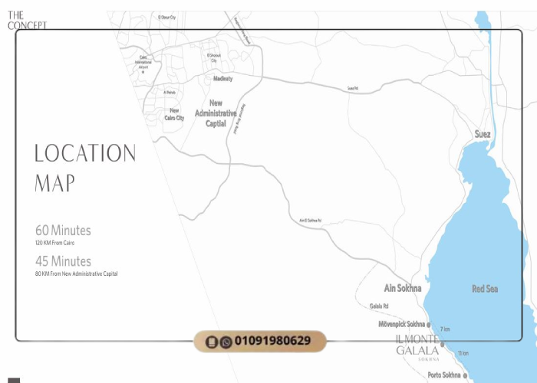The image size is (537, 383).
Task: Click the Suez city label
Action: click(482, 134)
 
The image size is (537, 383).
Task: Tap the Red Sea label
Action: click(484, 289)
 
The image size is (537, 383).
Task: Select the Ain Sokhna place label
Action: click(403, 289)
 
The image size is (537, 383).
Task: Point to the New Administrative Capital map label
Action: click(216, 113)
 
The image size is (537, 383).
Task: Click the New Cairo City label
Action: click(174, 114)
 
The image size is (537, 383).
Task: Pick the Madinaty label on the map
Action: click(222, 78)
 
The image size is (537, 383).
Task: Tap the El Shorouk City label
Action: click(214, 57)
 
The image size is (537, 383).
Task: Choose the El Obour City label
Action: click(166, 17)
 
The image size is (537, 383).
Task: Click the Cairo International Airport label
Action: click(143, 63)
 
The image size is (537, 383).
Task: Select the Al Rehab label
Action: click(170, 93)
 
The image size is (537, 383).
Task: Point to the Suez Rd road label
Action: click(352, 89)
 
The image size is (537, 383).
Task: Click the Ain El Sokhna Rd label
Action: click(310, 221)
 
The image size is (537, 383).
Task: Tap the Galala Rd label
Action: click(379, 306)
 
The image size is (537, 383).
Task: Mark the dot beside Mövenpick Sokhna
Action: click(429, 325)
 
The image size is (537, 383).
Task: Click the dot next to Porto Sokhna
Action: click(465, 375)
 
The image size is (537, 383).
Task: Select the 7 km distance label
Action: click(445, 329)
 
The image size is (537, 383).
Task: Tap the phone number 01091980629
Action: click(272, 341)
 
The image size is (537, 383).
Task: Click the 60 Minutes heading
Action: click(63, 231)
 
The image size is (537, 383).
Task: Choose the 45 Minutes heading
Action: click(63, 261)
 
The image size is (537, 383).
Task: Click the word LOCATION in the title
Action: click(85, 153)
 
